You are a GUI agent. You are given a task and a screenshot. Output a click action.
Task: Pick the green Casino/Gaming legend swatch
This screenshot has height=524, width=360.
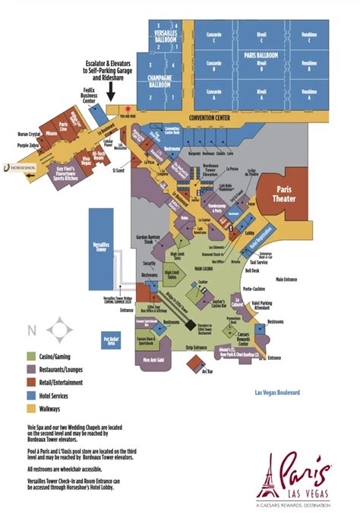point(32,355)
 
